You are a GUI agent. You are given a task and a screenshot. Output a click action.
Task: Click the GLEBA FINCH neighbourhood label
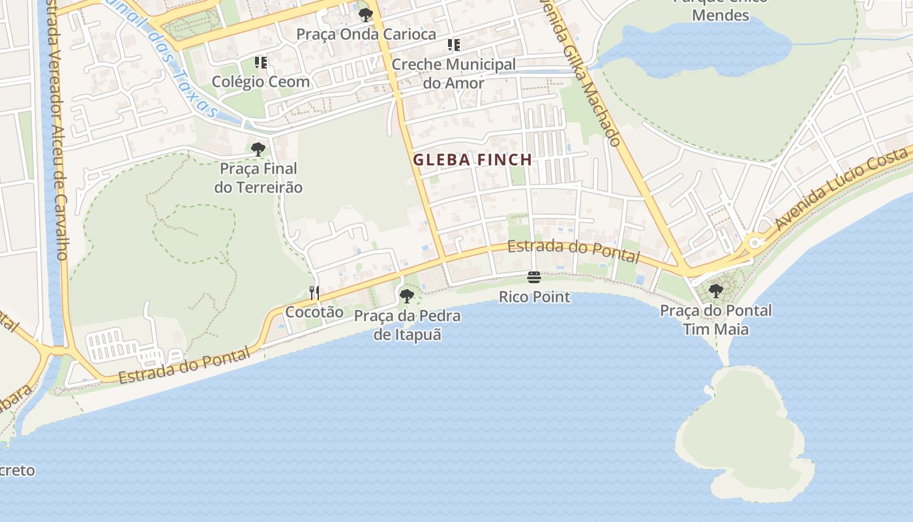pyautogui.click(x=473, y=159)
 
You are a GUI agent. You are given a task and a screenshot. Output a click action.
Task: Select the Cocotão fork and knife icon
pyautogui.click(x=314, y=293)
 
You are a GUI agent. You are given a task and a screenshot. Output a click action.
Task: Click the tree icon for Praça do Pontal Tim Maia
pyautogui.click(x=716, y=291)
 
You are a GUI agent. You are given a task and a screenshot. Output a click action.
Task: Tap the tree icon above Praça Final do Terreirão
pyautogui.click(x=258, y=149)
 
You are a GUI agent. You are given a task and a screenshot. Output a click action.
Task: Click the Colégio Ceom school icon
pyautogui.click(x=261, y=63)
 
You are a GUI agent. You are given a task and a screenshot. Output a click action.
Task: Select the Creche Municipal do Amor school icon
pyautogui.click(x=453, y=45)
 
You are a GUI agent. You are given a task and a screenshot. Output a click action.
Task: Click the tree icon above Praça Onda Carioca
pyautogui.click(x=366, y=14)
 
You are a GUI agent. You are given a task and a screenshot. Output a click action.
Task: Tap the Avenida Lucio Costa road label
pyautogui.click(x=841, y=189)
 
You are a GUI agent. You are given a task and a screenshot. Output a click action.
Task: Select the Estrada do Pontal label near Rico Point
pyautogui.click(x=573, y=251)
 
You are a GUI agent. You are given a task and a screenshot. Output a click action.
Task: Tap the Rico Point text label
pyautogui.click(x=534, y=298)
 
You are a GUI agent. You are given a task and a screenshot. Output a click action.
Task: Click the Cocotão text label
pyautogui.click(x=314, y=312)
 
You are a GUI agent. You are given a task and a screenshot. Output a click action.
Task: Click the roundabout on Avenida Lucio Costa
pyautogui.click(x=755, y=243)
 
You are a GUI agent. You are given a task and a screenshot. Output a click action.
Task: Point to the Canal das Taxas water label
pyautogui.click(x=183, y=65)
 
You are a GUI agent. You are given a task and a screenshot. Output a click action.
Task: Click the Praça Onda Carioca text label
pyautogui.click(x=366, y=34)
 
